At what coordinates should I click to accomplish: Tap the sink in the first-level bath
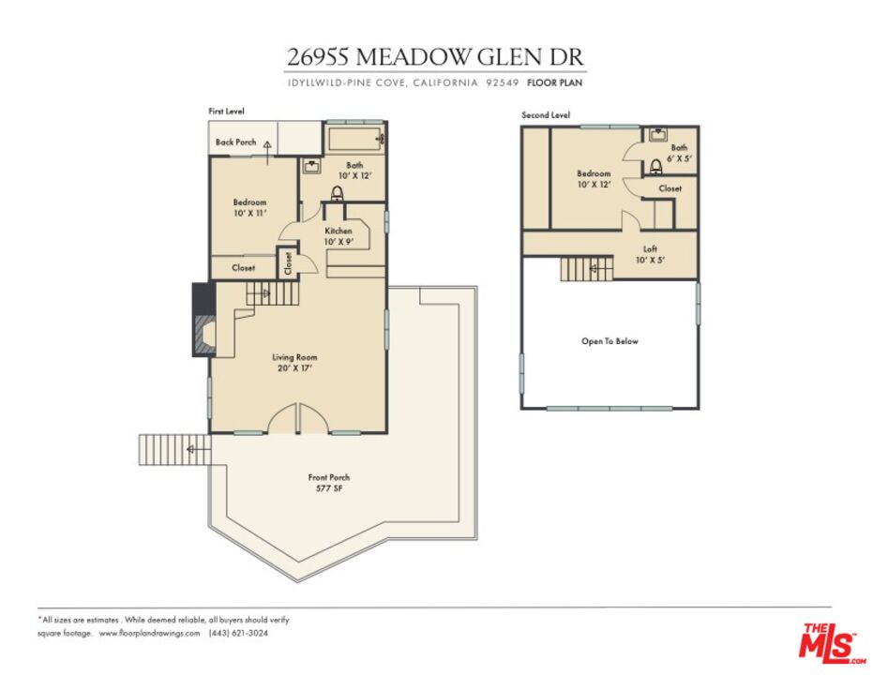[x=312, y=167]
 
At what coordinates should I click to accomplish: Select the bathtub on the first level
[x=354, y=141]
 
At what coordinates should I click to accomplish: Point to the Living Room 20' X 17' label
[x=294, y=362]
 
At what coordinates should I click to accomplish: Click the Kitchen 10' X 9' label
[x=338, y=236]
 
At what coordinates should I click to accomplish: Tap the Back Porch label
[x=235, y=142]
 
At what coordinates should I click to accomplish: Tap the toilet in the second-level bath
[x=656, y=168]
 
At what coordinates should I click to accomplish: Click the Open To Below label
[x=610, y=341]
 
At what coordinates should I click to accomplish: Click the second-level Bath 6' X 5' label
[x=678, y=152]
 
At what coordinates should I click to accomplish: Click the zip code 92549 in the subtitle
[x=503, y=82]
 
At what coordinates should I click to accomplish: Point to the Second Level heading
[x=546, y=115]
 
